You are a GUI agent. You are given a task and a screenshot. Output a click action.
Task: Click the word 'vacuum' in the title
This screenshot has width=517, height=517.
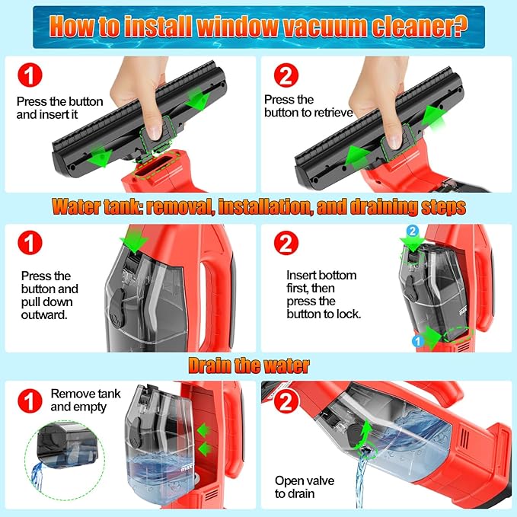point(324,27)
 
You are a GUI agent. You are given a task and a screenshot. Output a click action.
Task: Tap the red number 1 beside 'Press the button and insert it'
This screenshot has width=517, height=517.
point(30,75)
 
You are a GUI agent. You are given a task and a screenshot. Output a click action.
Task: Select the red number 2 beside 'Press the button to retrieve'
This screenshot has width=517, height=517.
point(286,75)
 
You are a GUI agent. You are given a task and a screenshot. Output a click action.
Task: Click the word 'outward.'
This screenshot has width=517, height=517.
point(44,315)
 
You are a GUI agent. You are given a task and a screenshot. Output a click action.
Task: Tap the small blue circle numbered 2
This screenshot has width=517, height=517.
point(413,231)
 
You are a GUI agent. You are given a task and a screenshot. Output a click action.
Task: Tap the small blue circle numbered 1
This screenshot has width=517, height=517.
point(418,341)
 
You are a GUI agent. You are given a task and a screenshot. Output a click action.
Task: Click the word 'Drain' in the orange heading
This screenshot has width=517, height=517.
point(210,365)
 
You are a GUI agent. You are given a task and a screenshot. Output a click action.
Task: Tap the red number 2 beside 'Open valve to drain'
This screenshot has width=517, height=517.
point(286,401)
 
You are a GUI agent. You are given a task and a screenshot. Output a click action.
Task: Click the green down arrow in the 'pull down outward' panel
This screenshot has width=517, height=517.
point(134,241)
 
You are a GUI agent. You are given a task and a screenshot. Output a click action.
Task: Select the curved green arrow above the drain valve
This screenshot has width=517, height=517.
point(364,436)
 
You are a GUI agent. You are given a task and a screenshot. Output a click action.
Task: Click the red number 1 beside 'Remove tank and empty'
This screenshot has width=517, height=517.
point(30,401)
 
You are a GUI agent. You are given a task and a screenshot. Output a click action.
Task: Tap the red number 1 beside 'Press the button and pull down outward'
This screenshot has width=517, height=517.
point(30,243)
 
